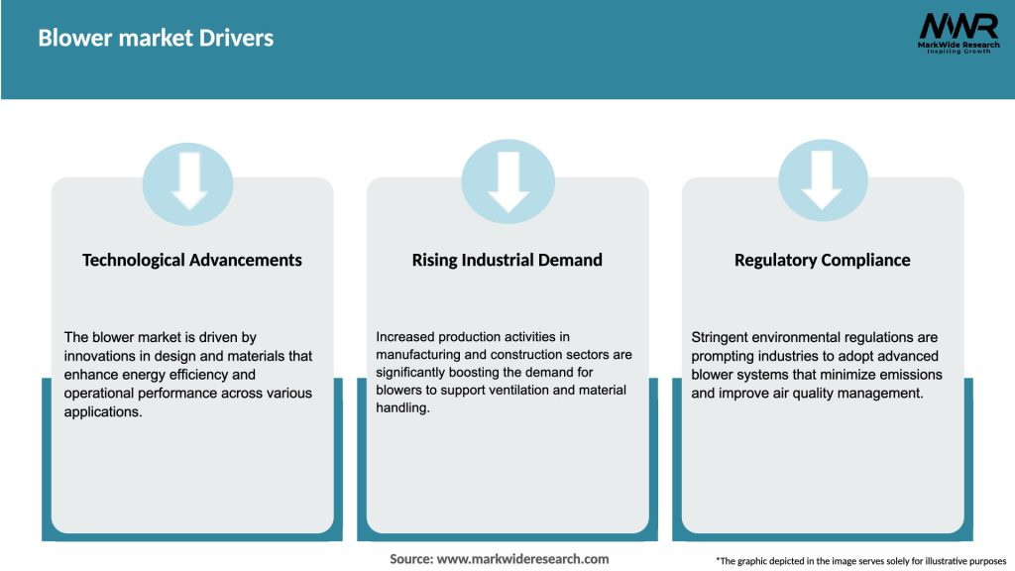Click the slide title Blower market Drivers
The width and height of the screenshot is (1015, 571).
[156, 38]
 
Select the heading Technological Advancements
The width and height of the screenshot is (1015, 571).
[192, 260]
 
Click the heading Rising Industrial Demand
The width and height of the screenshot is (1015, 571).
[507, 260]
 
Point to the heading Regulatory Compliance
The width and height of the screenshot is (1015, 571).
[822, 260]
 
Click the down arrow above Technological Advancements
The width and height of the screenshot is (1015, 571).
[188, 179]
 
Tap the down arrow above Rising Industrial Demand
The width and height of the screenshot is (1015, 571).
[507, 179]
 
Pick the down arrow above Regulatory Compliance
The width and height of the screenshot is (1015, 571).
[823, 179]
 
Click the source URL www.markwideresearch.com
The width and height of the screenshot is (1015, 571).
[522, 559]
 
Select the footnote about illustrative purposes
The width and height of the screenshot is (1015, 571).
[860, 561]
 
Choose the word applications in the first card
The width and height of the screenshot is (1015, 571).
[103, 412]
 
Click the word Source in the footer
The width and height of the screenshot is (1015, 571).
[410, 559]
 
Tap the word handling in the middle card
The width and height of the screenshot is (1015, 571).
[401, 407]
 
